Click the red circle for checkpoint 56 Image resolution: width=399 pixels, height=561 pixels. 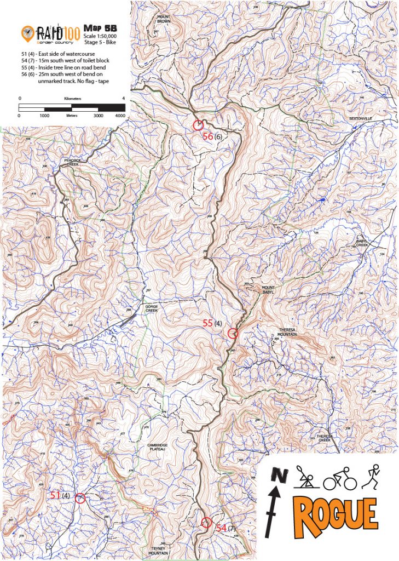(x=198, y=125)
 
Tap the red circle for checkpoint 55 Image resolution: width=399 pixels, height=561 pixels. (x=233, y=332)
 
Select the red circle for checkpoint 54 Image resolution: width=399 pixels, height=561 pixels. (x=206, y=522)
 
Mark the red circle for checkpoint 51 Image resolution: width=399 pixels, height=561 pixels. (x=80, y=498)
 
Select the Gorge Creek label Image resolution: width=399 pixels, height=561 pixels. (x=152, y=308)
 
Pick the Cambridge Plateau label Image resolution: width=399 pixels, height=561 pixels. (x=157, y=446)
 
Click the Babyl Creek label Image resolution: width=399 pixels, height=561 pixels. (x=362, y=243)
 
